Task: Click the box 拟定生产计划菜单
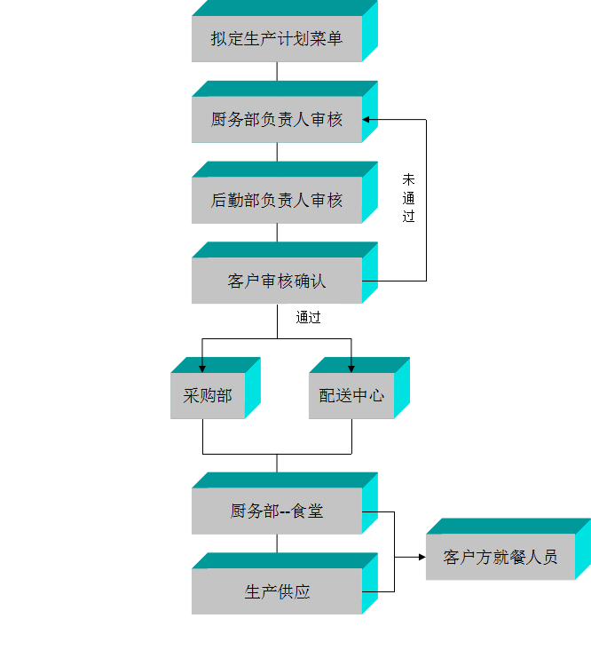click(x=276, y=39)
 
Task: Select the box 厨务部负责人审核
click(x=276, y=120)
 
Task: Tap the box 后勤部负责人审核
click(x=276, y=201)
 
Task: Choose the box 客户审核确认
click(x=276, y=281)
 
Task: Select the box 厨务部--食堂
click(x=276, y=511)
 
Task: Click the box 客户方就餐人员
click(x=500, y=558)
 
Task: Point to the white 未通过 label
click(x=409, y=205)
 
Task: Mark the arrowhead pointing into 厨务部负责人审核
click(x=366, y=120)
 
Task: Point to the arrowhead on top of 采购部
click(x=202, y=368)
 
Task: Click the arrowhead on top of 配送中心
click(x=351, y=368)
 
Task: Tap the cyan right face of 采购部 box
click(x=253, y=388)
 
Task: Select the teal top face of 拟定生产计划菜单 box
click(x=284, y=8)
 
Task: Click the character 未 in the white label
click(x=409, y=179)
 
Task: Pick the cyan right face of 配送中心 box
click(x=402, y=388)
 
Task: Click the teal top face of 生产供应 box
click(x=284, y=560)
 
